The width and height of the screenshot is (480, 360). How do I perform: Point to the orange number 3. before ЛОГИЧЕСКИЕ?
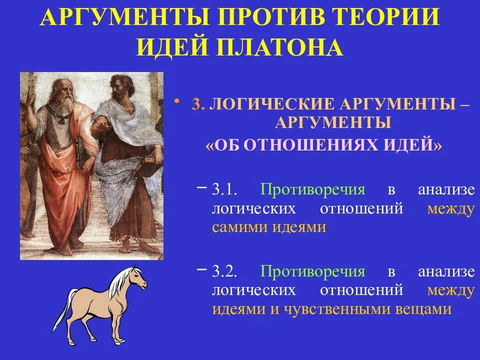click(198, 105)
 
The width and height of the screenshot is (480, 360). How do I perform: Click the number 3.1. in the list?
click(227, 190)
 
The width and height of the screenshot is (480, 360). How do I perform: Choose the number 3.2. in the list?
click(227, 272)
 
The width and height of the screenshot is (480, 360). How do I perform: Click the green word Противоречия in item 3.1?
click(312, 190)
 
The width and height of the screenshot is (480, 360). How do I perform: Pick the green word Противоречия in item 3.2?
click(312, 272)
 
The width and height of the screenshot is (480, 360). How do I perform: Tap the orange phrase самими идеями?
click(269, 227)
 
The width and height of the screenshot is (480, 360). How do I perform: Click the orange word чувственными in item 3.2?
click(340, 309)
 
